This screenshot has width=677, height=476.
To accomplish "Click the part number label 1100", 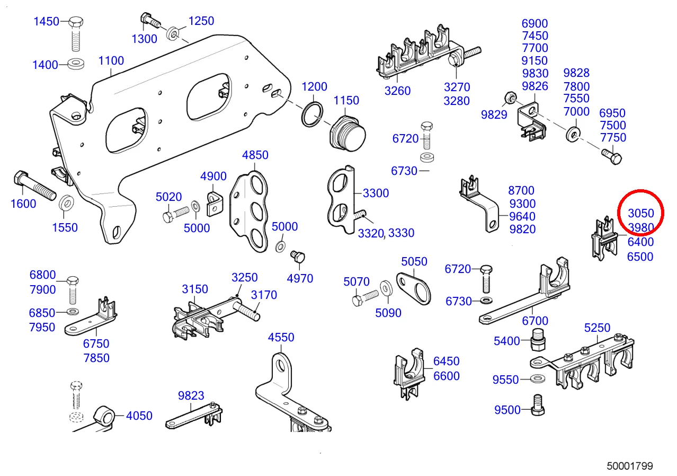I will pyautogui.click(x=111, y=60).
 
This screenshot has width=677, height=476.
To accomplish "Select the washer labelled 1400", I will pyautogui.click(x=77, y=65).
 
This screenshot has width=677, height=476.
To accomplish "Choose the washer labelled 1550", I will pyautogui.click(x=66, y=202).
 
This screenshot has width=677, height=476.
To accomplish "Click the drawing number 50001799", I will pyautogui.click(x=629, y=466).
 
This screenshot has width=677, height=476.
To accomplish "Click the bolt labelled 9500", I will pyautogui.click(x=538, y=406).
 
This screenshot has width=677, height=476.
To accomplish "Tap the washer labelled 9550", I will pyautogui.click(x=539, y=379).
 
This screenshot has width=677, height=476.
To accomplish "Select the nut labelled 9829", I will pyautogui.click(x=506, y=97).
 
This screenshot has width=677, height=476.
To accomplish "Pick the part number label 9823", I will pyautogui.click(x=191, y=395).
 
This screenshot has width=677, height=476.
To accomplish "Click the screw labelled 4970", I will pyautogui.click(x=299, y=258).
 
